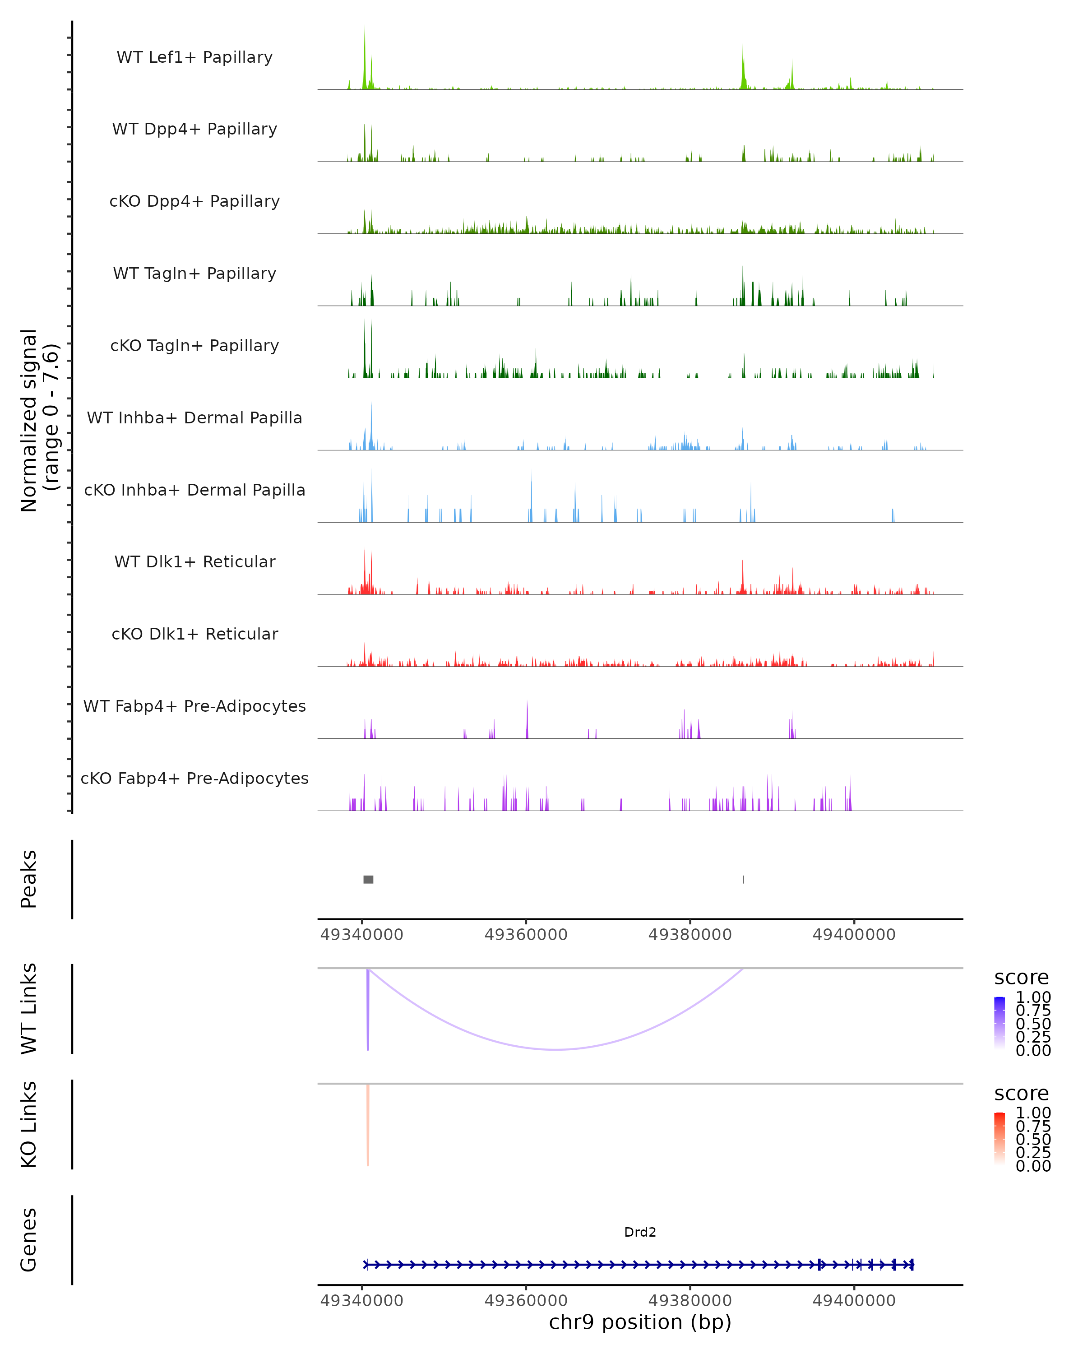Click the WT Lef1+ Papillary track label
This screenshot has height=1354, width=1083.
pyautogui.click(x=194, y=57)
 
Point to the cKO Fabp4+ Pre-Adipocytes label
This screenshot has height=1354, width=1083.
pyautogui.click(x=194, y=778)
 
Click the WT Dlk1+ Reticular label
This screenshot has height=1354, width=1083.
pyautogui.click(x=194, y=561)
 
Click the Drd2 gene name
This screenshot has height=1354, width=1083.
pyautogui.click(x=640, y=1232)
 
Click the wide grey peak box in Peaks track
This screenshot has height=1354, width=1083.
pyautogui.click(x=369, y=879)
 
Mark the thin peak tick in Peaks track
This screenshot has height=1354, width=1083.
pyautogui.click(x=743, y=879)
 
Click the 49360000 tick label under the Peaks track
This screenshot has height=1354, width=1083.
pyautogui.click(x=526, y=935)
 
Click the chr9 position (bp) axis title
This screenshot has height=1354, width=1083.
pyautogui.click(x=640, y=1322)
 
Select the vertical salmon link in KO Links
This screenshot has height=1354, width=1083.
pyautogui.click(x=368, y=1124)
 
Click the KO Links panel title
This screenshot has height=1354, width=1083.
pyautogui.click(x=29, y=1124)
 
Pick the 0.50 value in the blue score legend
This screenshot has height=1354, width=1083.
pyautogui.click(x=1033, y=1024)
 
